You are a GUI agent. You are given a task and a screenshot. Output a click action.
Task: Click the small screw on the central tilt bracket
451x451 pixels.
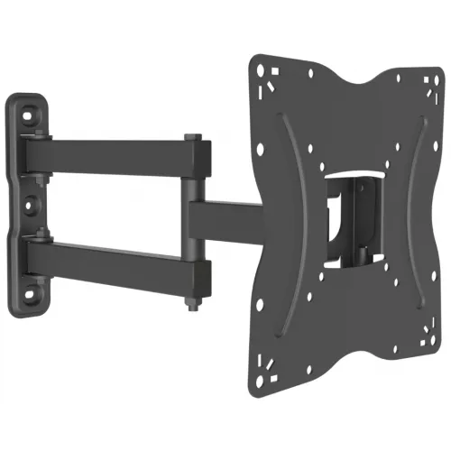[x=339, y=216]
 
